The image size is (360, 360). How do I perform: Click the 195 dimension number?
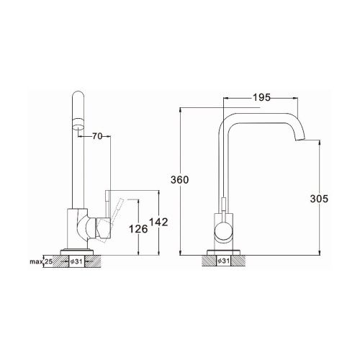pyautogui.click(x=261, y=97)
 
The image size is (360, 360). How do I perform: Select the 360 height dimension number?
pyautogui.click(x=180, y=179)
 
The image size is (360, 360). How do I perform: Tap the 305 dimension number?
pyautogui.click(x=319, y=199)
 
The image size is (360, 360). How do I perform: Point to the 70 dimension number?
pyautogui.click(x=97, y=136)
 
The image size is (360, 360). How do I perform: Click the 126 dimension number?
pyautogui.click(x=138, y=229)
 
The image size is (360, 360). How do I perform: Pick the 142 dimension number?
pyautogui.click(x=158, y=222)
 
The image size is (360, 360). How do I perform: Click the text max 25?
pyautogui.click(x=41, y=261)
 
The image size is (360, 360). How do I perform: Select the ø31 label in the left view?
pyautogui.click(x=77, y=261)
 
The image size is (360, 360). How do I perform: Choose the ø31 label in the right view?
pyautogui.click(x=223, y=261)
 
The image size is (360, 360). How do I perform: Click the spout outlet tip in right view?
pyautogui.click(x=300, y=140)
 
